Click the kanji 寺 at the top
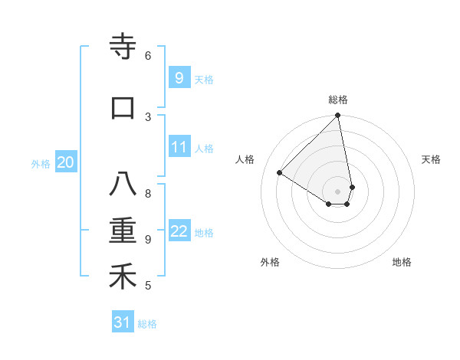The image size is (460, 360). coord(123,47)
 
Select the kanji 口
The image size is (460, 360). coord(123,108)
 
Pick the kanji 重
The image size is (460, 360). coord(123,231)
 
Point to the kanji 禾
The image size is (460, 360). coord(123,277)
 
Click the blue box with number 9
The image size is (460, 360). coord(179,77)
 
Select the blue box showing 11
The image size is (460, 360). coord(179,147)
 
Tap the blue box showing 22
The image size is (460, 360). coord(179,231)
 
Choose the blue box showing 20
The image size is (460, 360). coord(66,162)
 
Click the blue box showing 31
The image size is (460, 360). coord(123,322)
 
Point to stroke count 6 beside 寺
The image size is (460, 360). coord(148,55)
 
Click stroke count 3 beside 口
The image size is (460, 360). coord(148,116)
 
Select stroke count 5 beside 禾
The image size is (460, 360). coord(148,286)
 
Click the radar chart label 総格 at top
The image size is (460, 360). coord(338,100)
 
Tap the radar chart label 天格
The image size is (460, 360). coord(432,159)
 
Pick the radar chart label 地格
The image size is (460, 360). coord(402,262)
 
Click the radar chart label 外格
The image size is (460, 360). coord(270,262)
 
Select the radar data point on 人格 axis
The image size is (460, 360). coord(280,173)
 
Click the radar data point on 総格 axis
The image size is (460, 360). coord(338,116)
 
